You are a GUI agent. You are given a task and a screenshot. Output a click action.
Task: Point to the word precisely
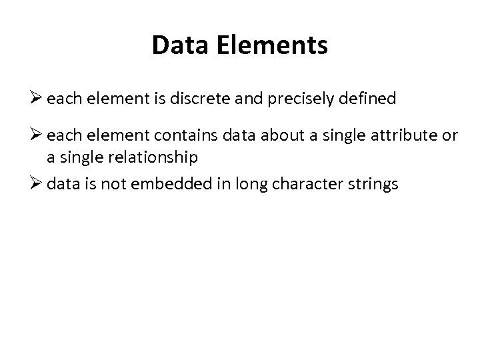coord(293,99)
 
